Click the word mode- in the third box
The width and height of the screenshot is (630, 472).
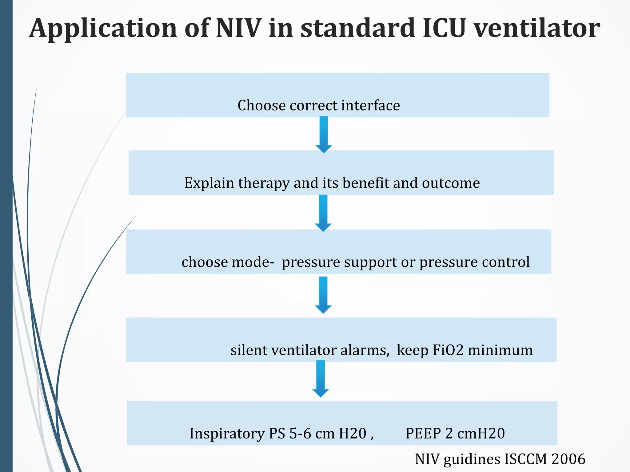253,262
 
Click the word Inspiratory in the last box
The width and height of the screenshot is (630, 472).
227,434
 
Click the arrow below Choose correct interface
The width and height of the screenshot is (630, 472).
324,134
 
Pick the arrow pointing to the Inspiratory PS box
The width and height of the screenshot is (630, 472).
321,379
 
